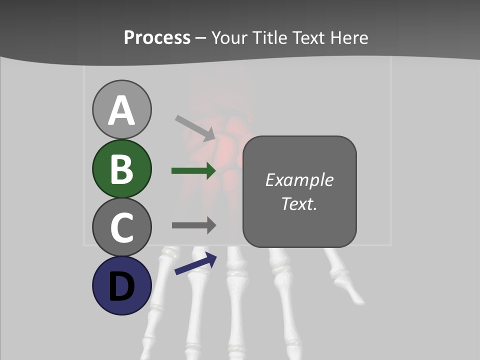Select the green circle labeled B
121,168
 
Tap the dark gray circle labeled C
121,227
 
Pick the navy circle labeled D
121,285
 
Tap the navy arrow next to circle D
195,264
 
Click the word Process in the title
157,37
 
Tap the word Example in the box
299,180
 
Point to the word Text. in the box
299,203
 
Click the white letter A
121,111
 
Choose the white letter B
121,169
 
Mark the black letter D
121,287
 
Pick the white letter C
121,227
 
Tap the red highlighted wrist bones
227,145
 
